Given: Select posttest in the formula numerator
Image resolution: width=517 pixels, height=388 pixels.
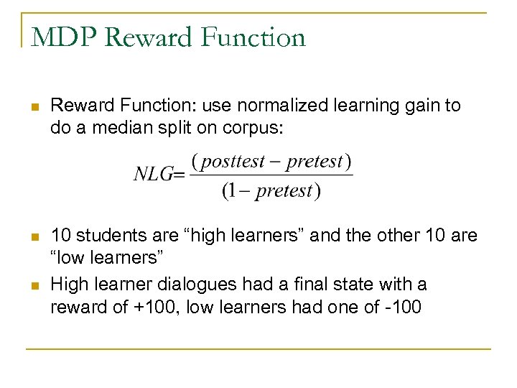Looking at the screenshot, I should (234, 161).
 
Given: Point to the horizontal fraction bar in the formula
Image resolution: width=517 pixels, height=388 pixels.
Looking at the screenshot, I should (271, 175).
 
